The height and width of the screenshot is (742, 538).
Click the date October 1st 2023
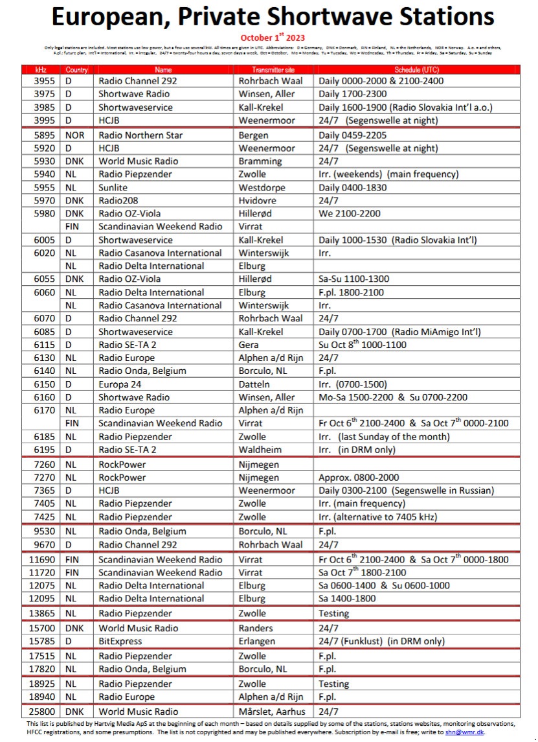[x=273, y=38]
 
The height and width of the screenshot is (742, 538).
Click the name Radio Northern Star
[x=140, y=135]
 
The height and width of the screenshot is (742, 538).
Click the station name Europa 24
[x=121, y=384]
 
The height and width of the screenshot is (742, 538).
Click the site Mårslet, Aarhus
[x=272, y=712]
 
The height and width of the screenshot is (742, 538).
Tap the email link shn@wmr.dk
[x=465, y=732]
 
